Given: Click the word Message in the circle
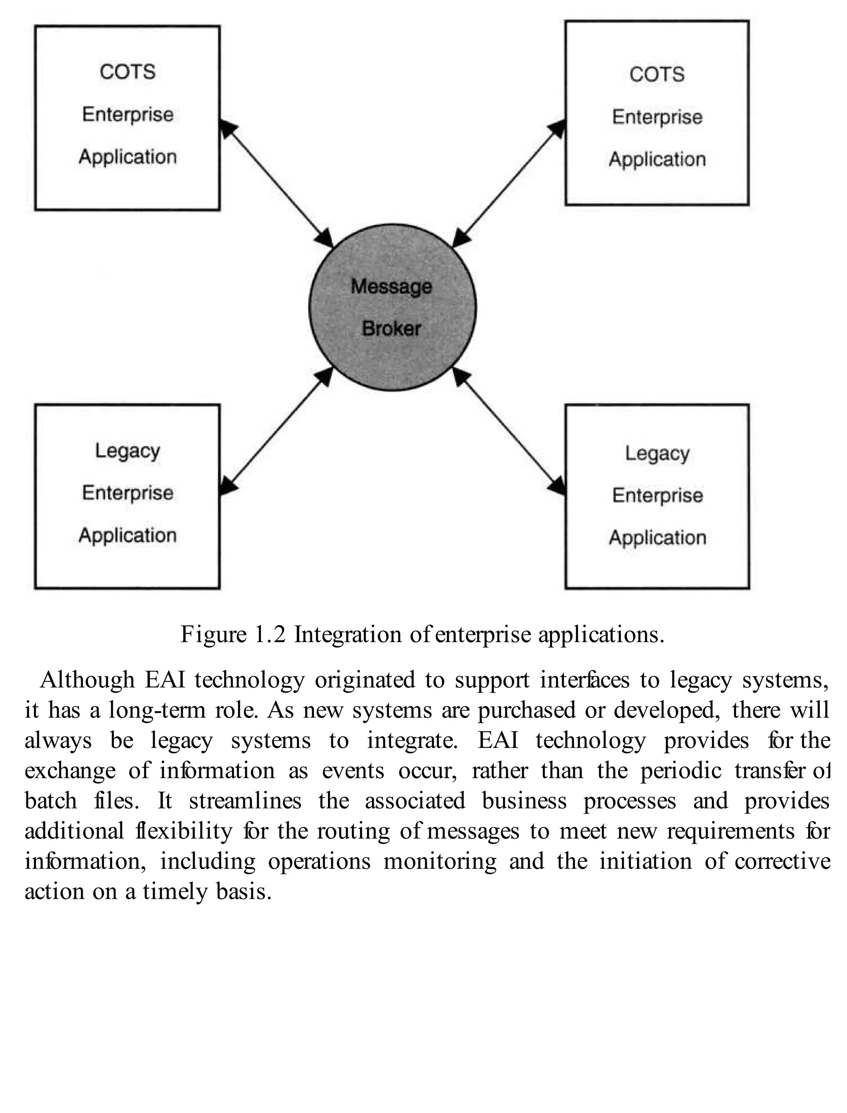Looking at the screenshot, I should [391, 286].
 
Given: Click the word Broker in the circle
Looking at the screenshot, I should [391, 329].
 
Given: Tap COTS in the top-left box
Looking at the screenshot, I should [127, 72].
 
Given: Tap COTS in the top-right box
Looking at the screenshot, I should [657, 74].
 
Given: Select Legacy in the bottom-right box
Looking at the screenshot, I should [657, 454].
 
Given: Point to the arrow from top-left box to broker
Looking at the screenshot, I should [276, 184].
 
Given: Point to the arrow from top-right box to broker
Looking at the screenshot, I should [509, 184].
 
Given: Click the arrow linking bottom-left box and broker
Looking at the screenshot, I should [276, 431].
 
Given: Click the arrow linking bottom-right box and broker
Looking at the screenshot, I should [509, 431].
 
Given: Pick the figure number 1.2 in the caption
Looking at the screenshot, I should [270, 634].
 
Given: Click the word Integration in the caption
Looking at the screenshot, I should [348, 634].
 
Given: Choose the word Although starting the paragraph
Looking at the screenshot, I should [87, 680].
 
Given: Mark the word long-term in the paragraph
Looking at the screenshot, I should [156, 710].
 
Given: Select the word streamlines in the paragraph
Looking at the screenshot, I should [245, 801].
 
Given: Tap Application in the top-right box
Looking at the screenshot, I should [657, 159].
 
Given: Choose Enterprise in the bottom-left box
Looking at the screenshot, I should [127, 493].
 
